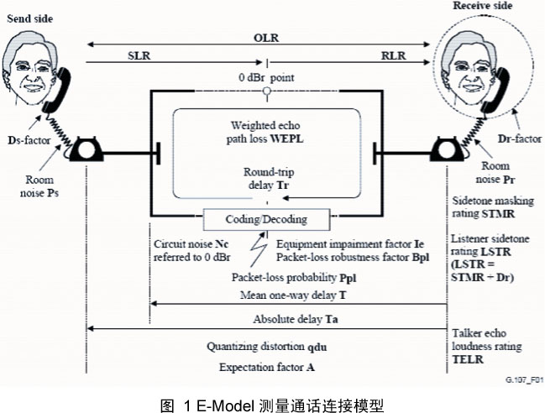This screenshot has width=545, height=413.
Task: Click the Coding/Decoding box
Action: tap(265, 220)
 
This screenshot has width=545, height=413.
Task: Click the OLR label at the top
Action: tap(266, 39)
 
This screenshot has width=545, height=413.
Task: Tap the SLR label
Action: tap(139, 55)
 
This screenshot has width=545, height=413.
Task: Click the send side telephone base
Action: tap(86, 152)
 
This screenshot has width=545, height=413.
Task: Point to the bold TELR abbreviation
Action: tap(469, 357)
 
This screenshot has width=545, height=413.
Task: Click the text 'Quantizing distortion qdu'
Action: tap(265, 346)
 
